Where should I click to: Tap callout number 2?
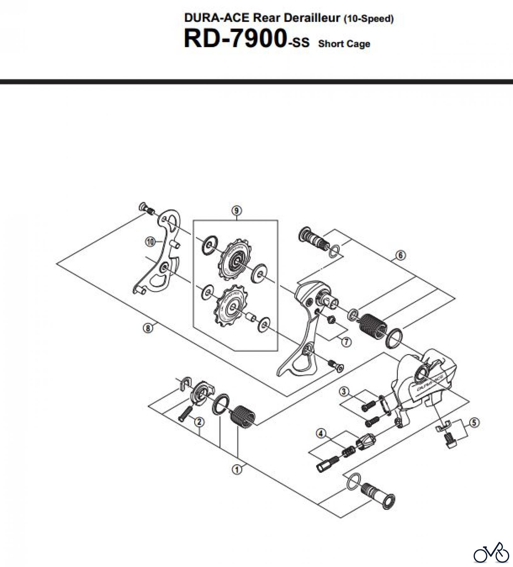pyautogui.click(x=199, y=421)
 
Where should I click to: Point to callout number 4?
pyautogui.click(x=321, y=433)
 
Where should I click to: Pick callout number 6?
pyautogui.click(x=400, y=255)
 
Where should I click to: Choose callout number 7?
pyautogui.click(x=346, y=342)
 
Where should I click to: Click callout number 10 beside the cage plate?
pyautogui.click(x=151, y=242)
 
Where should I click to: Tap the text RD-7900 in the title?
pyautogui.click(x=235, y=39)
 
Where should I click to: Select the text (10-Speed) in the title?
pyautogui.click(x=368, y=19)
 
